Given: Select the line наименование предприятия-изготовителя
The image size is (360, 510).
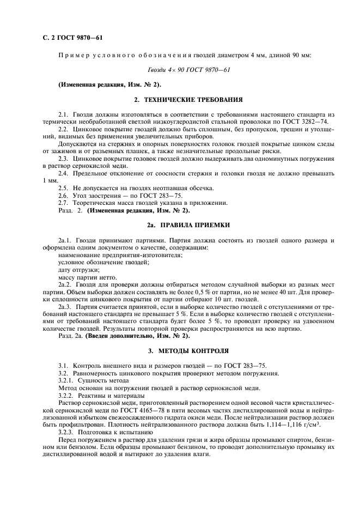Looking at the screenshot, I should click(120, 254).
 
